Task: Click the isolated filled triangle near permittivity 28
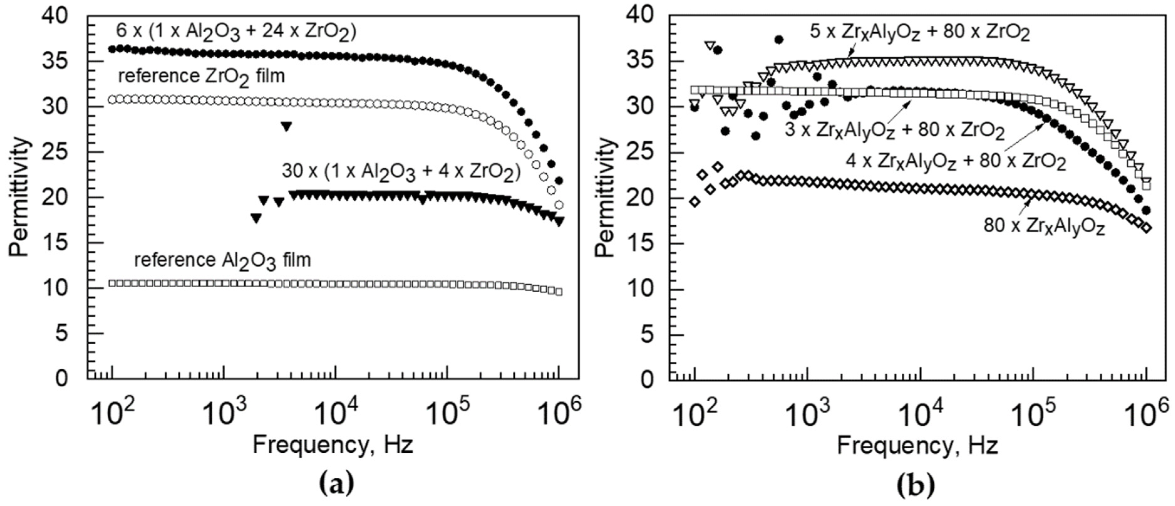286,127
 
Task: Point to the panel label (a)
336,485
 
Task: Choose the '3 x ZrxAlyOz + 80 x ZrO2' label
895,131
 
